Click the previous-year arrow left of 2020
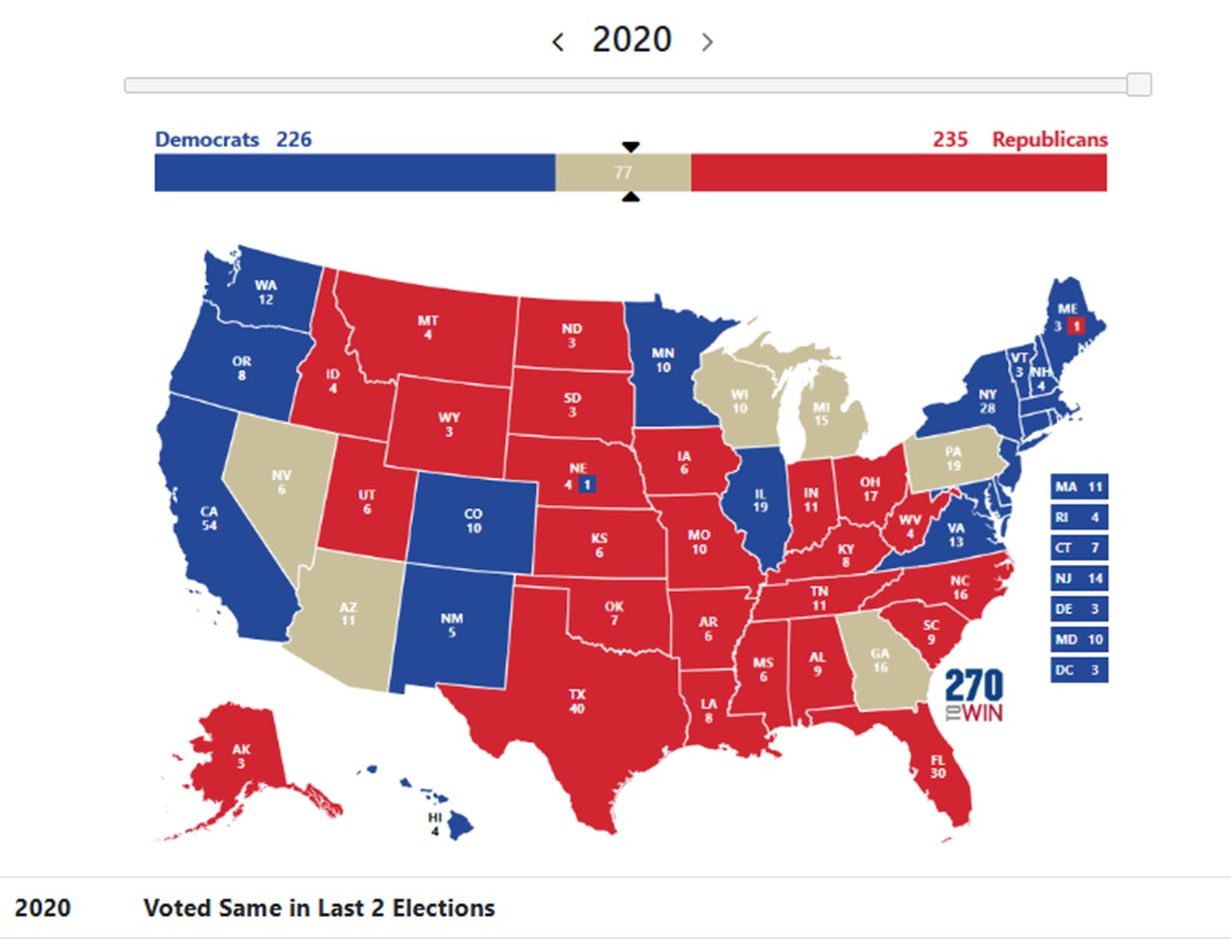(x=558, y=41)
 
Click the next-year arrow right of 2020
(x=707, y=41)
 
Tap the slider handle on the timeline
(x=1139, y=85)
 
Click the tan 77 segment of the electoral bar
(x=622, y=172)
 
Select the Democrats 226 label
(x=233, y=140)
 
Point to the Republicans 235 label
(x=1019, y=140)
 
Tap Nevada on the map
(x=281, y=481)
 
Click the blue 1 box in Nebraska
(x=587, y=484)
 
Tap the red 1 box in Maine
(x=1076, y=325)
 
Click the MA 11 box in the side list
(x=1078, y=487)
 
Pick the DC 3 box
(x=1078, y=670)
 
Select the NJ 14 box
(x=1078, y=578)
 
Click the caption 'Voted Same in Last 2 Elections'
(x=318, y=907)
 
